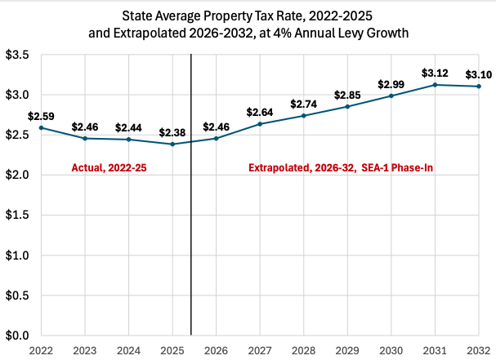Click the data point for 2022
pyautogui.click(x=41, y=128)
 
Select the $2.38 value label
pyautogui.click(x=172, y=132)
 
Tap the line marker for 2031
pyautogui.click(x=435, y=85)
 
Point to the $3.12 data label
pyautogui.click(x=435, y=73)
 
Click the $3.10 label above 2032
pyautogui.click(x=478, y=75)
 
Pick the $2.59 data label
pyautogui.click(x=41, y=116)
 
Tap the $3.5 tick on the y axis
pyautogui.click(x=19, y=56)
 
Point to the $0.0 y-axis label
pyautogui.click(x=19, y=336)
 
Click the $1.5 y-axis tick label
pyautogui.click(x=19, y=216)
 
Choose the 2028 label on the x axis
pyautogui.click(x=303, y=349)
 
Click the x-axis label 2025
pyautogui.click(x=172, y=349)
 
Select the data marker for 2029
pyautogui.click(x=347, y=107)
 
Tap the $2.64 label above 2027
pyautogui.click(x=260, y=112)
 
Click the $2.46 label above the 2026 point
pyautogui.click(x=216, y=127)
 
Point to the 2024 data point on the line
pyautogui.click(x=128, y=140)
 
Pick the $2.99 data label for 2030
pyautogui.click(x=391, y=84)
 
